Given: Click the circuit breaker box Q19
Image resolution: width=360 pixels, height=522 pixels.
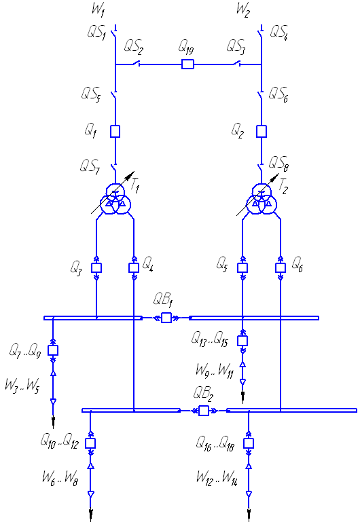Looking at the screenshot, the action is [x=187, y=64].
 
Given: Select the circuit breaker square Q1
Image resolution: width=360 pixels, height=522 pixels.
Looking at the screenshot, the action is [x=115, y=131].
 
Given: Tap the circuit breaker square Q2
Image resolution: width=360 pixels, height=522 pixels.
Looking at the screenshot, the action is [x=262, y=131].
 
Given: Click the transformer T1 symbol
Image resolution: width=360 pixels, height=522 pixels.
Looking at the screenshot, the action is [x=115, y=200].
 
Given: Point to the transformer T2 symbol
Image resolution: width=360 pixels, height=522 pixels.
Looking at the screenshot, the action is [x=262, y=200].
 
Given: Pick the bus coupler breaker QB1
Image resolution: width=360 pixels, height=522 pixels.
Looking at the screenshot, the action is [x=166, y=318].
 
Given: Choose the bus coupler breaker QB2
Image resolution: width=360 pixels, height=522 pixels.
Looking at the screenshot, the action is [x=204, y=411].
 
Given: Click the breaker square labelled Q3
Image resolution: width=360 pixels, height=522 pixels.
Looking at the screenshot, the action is [x=96, y=268].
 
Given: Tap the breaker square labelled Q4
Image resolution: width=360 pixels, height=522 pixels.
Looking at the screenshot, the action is [x=134, y=268].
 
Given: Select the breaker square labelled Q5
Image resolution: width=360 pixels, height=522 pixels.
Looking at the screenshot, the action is [x=242, y=268].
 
